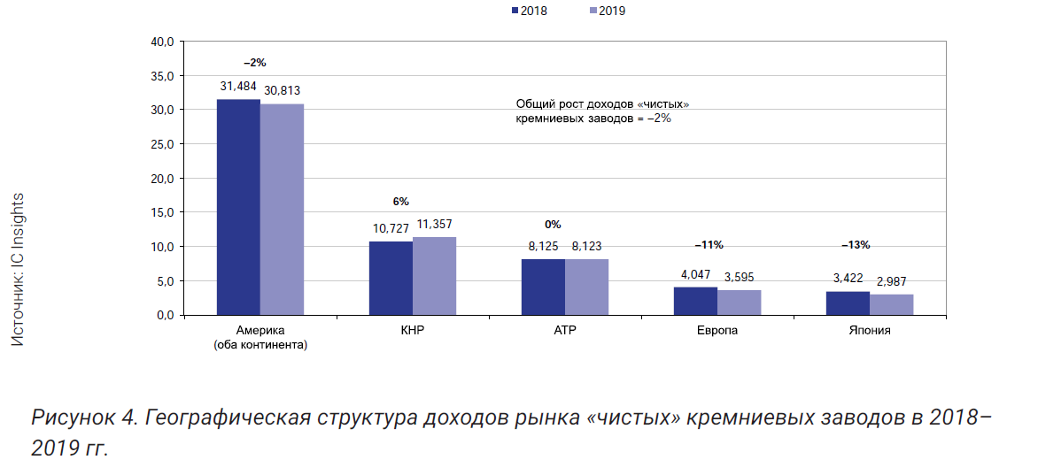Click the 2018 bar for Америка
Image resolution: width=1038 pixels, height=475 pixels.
click(238, 208)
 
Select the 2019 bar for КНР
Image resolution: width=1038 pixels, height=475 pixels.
click(434, 276)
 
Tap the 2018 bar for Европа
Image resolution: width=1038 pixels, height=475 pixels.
click(695, 301)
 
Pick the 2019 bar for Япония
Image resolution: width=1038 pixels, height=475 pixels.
click(891, 304)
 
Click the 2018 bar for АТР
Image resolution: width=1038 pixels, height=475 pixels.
click(543, 287)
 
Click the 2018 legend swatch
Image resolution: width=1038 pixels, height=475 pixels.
click(515, 11)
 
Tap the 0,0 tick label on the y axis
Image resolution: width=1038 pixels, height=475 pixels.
click(166, 315)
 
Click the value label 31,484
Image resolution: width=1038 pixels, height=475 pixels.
click(238, 86)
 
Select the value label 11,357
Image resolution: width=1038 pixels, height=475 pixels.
click(434, 225)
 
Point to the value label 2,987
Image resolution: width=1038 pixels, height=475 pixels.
click(891, 281)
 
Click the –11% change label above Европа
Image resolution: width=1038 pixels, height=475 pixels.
click(709, 244)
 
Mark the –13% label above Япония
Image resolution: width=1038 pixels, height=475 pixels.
click(856, 244)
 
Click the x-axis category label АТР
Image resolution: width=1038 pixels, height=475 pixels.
click(565, 331)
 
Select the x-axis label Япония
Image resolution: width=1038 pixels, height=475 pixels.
click(869, 331)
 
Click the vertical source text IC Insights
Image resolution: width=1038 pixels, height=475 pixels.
click(17, 270)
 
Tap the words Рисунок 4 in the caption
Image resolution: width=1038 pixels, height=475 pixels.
click(80, 417)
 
